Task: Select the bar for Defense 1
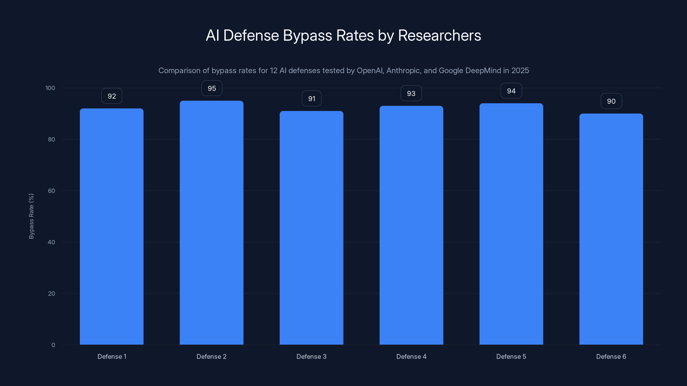pyautogui.click(x=111, y=226)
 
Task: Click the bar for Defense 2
pyautogui.click(x=211, y=223)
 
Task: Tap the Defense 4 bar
pyautogui.click(x=411, y=225)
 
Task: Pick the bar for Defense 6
pyautogui.click(x=611, y=229)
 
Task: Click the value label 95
pyautogui.click(x=212, y=88)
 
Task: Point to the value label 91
pyautogui.click(x=312, y=99)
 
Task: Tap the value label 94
pyautogui.click(x=511, y=91)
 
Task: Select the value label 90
pyautogui.click(x=611, y=101)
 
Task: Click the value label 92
pyautogui.click(x=112, y=96)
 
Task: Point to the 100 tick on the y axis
pyautogui.click(x=50, y=88)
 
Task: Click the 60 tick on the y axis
pyautogui.click(x=52, y=191)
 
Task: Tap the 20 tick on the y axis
pyautogui.click(x=52, y=294)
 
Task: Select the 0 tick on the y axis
pyautogui.click(x=53, y=345)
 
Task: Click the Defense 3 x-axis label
pyautogui.click(x=311, y=356)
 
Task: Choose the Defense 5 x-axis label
pyautogui.click(x=511, y=356)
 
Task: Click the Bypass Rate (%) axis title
pyautogui.click(x=31, y=216)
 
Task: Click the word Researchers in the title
pyautogui.click(x=439, y=35)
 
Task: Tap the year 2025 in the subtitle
pyautogui.click(x=520, y=70)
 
